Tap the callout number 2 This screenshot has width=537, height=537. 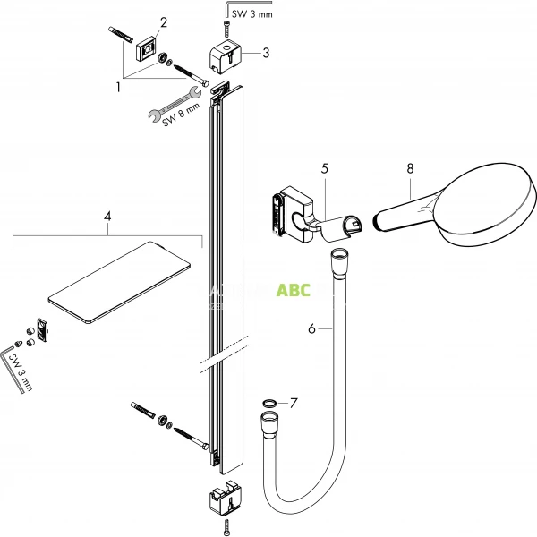pos(163,21)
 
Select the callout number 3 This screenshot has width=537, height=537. pos(266,53)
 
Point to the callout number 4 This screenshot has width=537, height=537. pos(107,217)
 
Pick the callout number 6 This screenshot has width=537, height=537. pos(311,329)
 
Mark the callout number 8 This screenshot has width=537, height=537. pos(410,167)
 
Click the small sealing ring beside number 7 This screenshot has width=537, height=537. pos(269,404)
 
